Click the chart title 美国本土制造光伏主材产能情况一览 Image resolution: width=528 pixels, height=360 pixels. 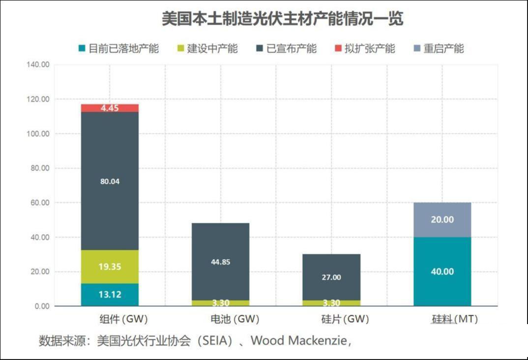click(x=282, y=19)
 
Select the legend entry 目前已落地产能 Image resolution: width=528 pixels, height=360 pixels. click(x=118, y=49)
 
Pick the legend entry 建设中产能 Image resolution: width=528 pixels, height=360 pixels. click(x=207, y=49)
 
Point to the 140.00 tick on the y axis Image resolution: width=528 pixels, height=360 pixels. click(x=38, y=65)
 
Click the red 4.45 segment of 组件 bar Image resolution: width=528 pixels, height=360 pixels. click(x=110, y=108)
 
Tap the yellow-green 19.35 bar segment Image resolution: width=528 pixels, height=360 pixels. click(x=110, y=267)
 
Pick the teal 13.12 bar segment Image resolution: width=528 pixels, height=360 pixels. click(x=110, y=295)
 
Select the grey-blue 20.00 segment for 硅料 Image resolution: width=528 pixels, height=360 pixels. click(x=442, y=220)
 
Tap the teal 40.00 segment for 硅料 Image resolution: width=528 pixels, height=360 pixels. click(x=442, y=271)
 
